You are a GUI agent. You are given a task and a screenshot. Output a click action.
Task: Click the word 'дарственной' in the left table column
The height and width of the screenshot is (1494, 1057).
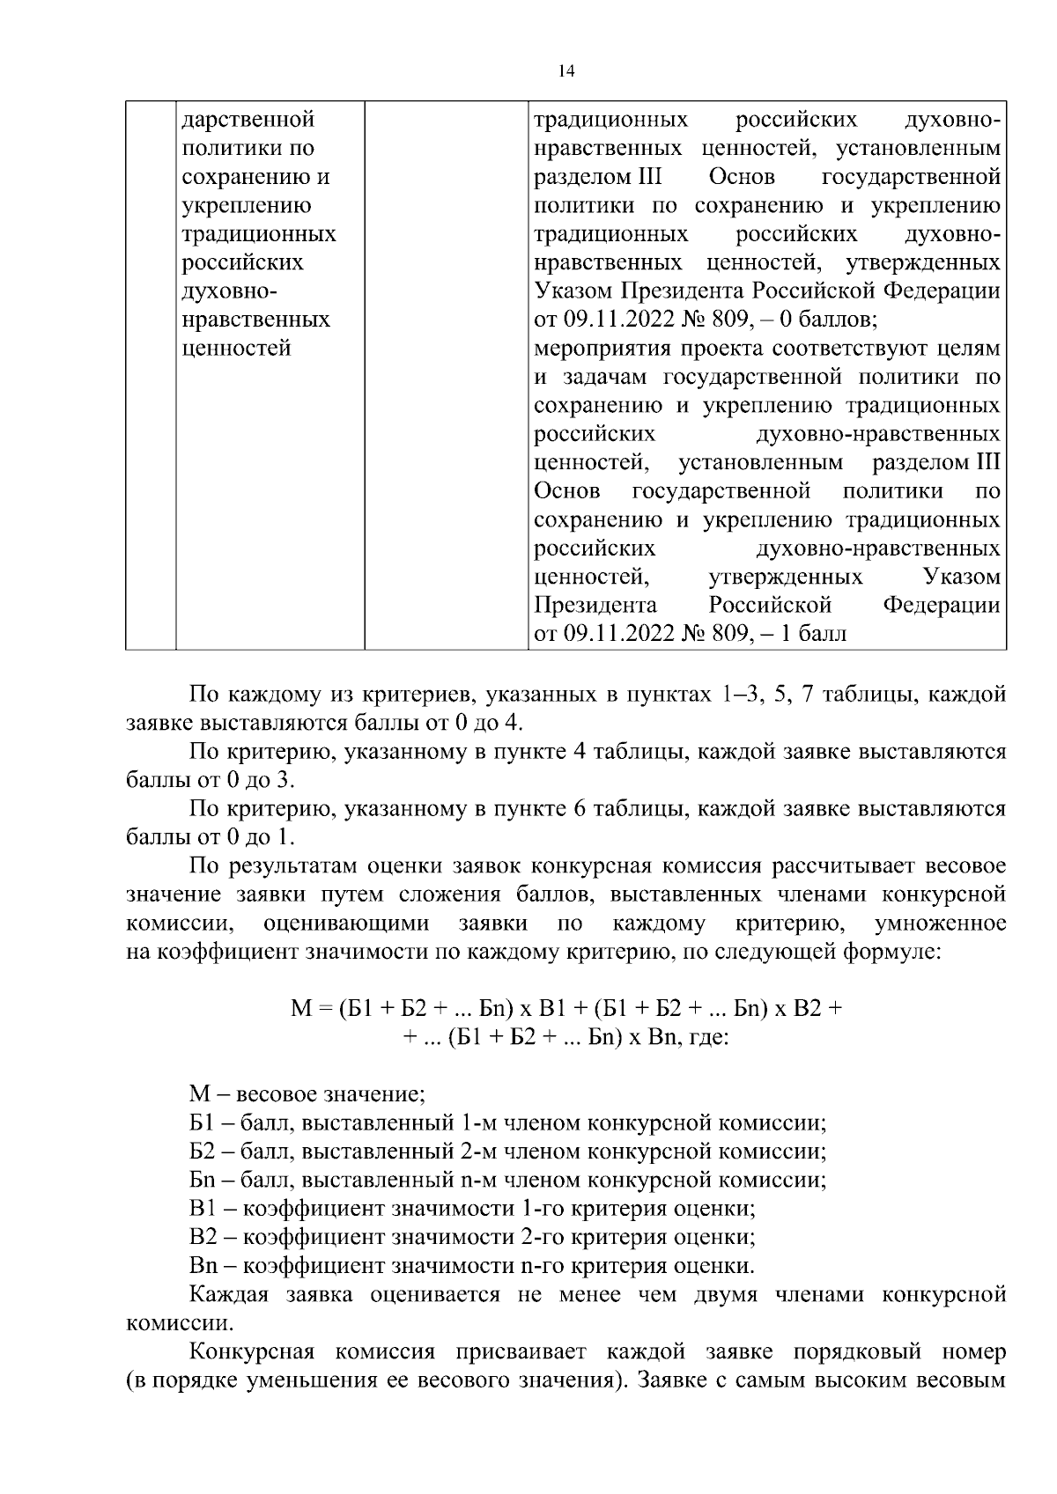point(248,120)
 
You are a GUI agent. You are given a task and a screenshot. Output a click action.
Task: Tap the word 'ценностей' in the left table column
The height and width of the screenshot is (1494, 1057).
point(237,349)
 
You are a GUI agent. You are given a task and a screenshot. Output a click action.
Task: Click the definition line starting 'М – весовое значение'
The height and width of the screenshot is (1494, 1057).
point(307,1094)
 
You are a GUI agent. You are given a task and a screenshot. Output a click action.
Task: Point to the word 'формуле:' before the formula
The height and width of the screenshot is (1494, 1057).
point(900,952)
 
